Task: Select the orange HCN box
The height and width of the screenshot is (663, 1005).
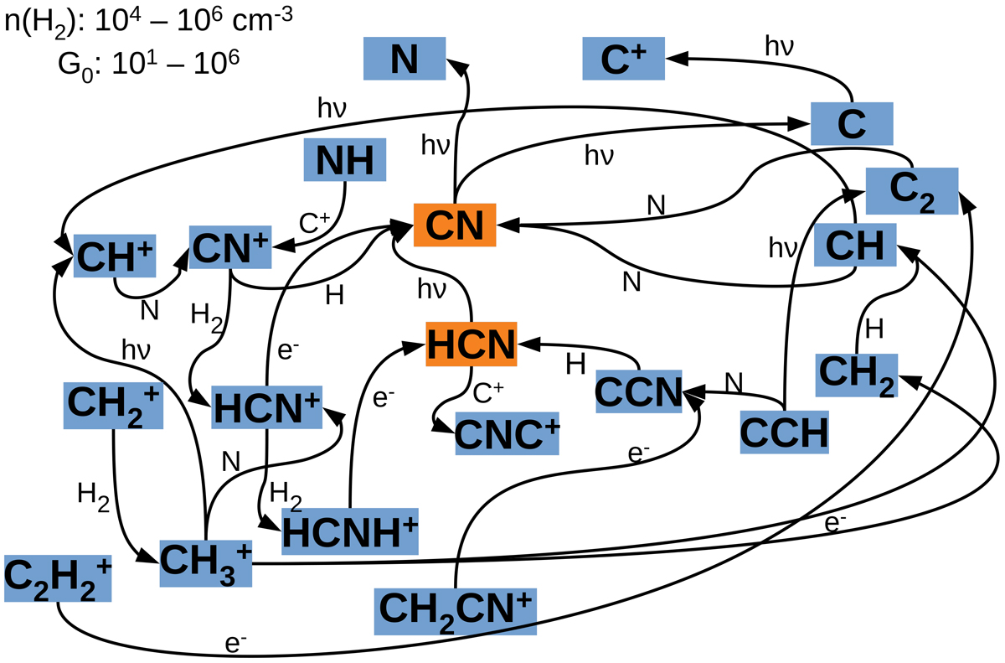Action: coord(471,344)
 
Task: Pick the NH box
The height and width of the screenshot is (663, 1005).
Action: coord(344,159)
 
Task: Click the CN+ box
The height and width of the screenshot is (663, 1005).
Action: coord(229,246)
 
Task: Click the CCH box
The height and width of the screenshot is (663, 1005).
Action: coord(784,433)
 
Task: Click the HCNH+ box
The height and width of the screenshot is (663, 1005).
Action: coord(349,531)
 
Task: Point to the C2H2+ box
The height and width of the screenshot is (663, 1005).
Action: coord(56,578)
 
